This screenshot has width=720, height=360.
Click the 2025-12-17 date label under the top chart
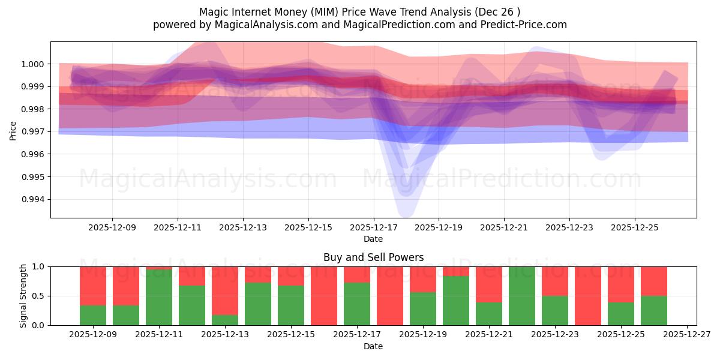pyautogui.click(x=374, y=228)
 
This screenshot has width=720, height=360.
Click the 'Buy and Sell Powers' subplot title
pyautogui.click(x=373, y=257)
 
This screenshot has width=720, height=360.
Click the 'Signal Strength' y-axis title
pyautogui.click(x=23, y=296)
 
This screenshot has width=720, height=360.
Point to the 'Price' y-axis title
pyautogui.click(x=13, y=130)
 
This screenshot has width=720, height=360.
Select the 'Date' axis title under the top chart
pyautogui.click(x=373, y=239)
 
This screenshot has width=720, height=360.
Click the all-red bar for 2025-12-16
pyautogui.click(x=324, y=296)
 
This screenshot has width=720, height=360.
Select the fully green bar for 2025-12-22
pyautogui.click(x=522, y=296)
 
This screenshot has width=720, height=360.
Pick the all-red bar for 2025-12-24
pyautogui.click(x=588, y=296)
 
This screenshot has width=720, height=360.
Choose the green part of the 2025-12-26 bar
pyautogui.click(x=654, y=311)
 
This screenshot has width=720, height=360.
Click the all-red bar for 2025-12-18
pyautogui.click(x=390, y=296)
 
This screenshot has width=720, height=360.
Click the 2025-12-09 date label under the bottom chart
pyautogui.click(x=93, y=335)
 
